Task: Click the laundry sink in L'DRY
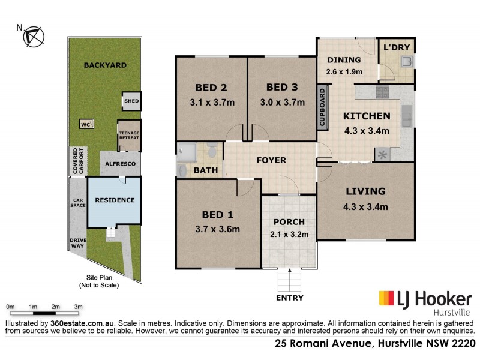tap(406, 61)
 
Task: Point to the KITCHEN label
tap(367, 116)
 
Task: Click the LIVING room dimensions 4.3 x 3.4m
tap(365, 208)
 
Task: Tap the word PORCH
tap(290, 221)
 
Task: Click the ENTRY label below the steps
tap(289, 298)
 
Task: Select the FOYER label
tap(271, 160)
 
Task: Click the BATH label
tap(206, 170)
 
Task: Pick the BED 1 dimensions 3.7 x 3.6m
tap(217, 229)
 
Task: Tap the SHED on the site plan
tap(131, 101)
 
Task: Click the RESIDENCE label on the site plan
tap(114, 200)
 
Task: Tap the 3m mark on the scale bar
tap(78, 307)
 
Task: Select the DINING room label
tap(344, 59)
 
